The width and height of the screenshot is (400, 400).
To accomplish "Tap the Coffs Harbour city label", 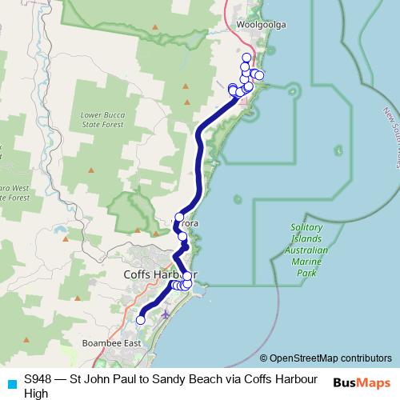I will click(160, 274).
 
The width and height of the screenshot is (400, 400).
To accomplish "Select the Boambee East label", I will click(111, 343).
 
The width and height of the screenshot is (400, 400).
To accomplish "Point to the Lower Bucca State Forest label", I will click(102, 119).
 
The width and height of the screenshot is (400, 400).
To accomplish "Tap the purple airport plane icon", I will click(165, 313).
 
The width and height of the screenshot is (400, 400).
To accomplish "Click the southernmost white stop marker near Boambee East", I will click(141, 320).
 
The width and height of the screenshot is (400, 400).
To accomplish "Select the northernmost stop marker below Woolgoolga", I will click(246, 58).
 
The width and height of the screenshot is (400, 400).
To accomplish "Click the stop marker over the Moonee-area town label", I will click(179, 218).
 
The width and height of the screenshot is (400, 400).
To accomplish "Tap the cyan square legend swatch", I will click(10, 379).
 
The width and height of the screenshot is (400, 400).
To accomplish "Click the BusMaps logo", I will click(362, 381).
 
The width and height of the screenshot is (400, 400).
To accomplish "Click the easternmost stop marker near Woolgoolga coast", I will click(259, 75).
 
